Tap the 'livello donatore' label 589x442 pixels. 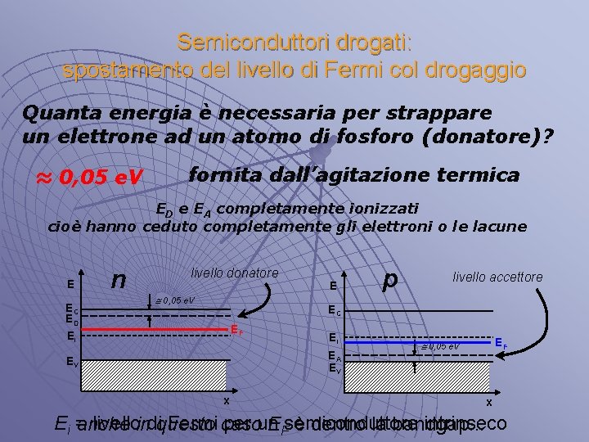pyautogui.click(x=235, y=273)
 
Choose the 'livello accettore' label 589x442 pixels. pyautogui.click(x=497, y=277)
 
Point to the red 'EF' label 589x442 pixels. pyautogui.click(x=236, y=331)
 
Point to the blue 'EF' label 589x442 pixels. pyautogui.click(x=501, y=345)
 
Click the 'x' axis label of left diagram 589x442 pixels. pyautogui.click(x=227, y=400)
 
